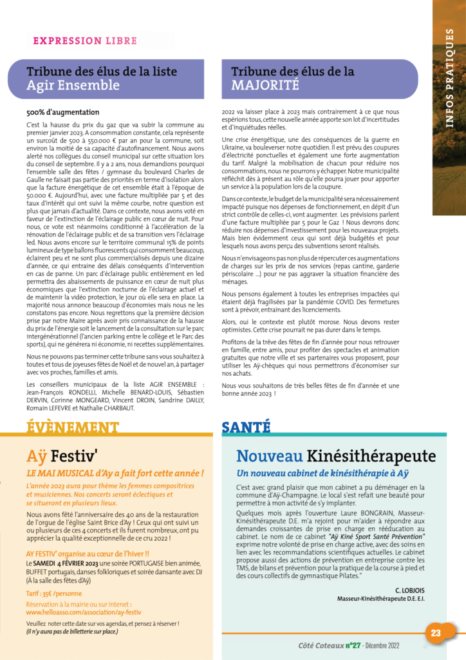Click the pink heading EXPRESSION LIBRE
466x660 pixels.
[x=85, y=41]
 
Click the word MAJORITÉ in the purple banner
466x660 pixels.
[x=265, y=84]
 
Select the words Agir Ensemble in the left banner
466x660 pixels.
[x=73, y=84]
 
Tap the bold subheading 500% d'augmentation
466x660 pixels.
[x=63, y=112]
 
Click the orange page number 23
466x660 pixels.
[x=436, y=633]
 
